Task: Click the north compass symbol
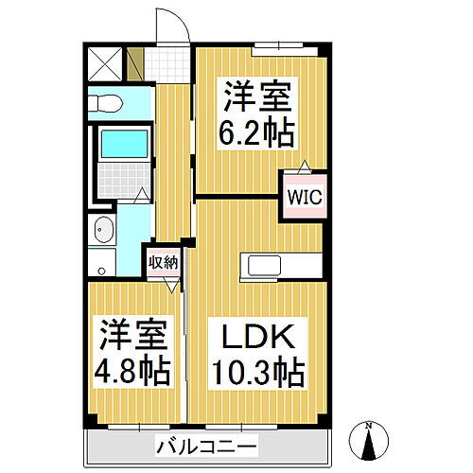click(x=369, y=440)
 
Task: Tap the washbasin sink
click(x=103, y=230)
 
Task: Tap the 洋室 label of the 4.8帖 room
click(x=131, y=336)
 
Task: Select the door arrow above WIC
click(x=305, y=166)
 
